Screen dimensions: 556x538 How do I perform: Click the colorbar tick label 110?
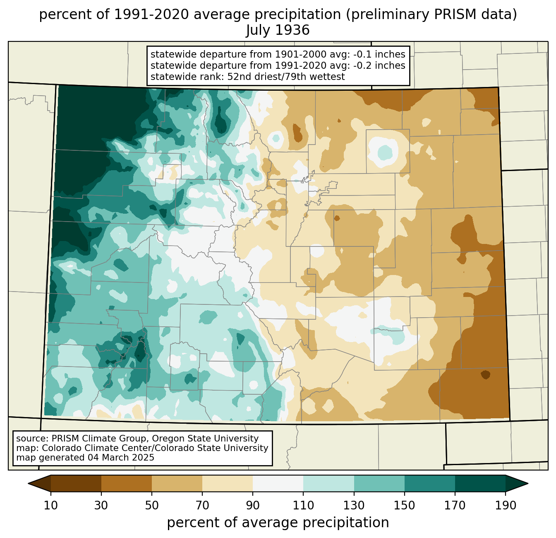coord(303,506)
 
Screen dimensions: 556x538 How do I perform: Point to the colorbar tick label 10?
coord(50,506)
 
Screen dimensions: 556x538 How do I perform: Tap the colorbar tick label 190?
coord(506,506)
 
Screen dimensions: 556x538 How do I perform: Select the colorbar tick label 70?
coord(202,506)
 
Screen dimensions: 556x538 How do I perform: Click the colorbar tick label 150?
coord(404,506)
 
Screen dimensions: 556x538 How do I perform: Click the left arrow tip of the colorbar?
coord(28,484)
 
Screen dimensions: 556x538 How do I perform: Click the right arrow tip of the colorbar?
coord(528,484)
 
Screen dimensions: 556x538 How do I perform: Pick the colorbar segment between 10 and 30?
coord(76,484)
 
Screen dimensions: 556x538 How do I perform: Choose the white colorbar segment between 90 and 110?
coord(278,484)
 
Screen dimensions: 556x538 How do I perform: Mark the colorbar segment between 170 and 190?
coord(480,484)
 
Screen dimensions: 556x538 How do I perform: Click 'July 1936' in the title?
coord(278,30)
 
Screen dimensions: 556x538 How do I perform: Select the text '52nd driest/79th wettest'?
coord(286,77)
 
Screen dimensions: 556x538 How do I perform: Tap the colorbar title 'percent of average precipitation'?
coord(278,523)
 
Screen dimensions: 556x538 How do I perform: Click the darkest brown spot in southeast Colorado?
coord(485,375)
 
